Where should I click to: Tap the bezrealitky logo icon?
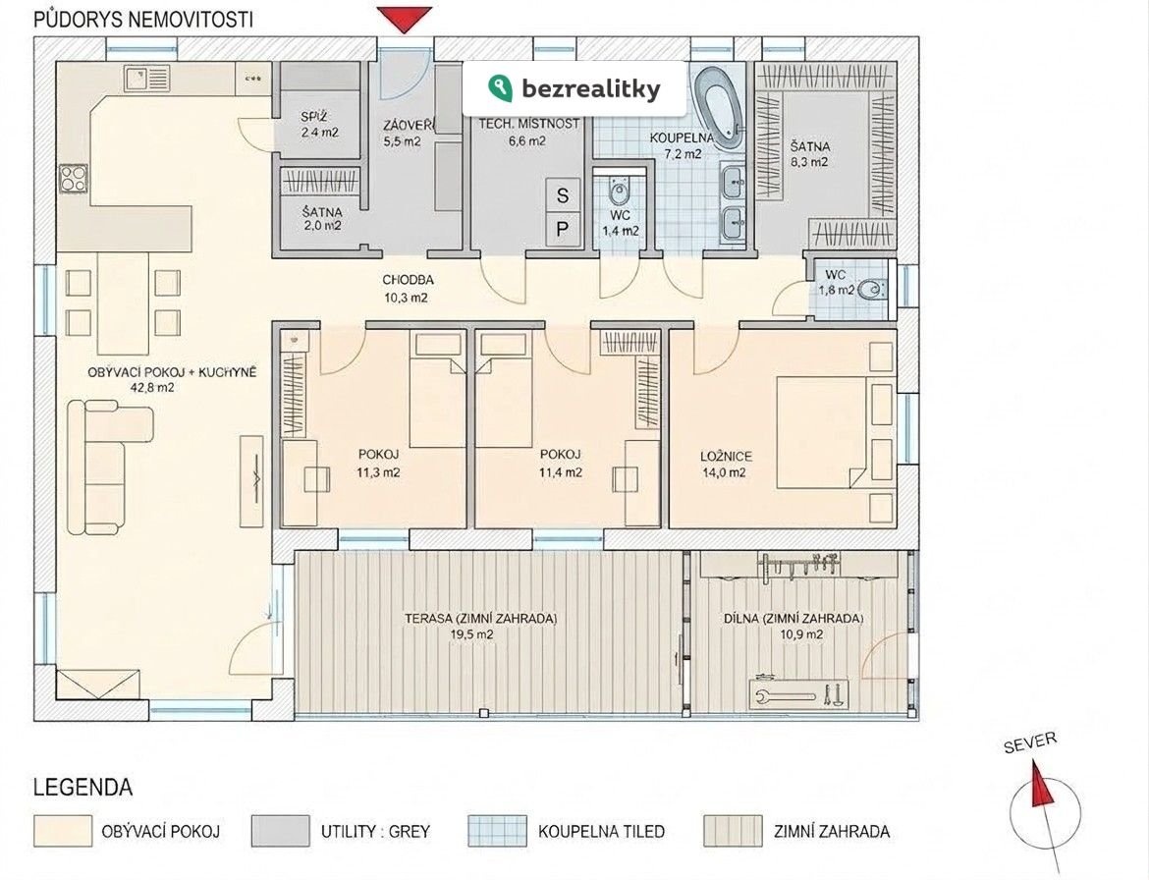(x=500, y=88)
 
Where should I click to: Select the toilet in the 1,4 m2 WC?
(x=620, y=192)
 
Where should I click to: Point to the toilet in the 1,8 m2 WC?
(x=871, y=290)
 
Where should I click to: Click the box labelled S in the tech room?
(x=562, y=194)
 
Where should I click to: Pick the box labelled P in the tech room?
(x=562, y=230)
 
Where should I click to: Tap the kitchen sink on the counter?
(x=146, y=78)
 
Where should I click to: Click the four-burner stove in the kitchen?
(x=74, y=178)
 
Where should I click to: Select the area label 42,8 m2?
(x=151, y=388)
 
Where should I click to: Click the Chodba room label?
(x=409, y=280)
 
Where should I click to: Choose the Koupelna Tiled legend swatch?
(x=498, y=831)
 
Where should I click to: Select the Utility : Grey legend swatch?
(x=281, y=831)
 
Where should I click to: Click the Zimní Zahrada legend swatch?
(x=733, y=831)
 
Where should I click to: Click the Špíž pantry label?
(x=313, y=117)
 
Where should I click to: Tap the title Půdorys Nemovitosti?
(x=143, y=20)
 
